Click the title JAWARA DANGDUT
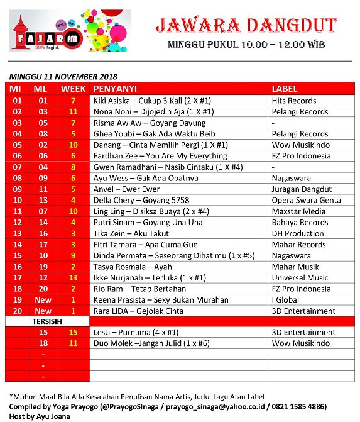click(x=246, y=26)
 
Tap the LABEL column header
click(x=284, y=89)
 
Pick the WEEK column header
click(x=74, y=89)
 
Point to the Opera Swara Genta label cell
click(x=306, y=201)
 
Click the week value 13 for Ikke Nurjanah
click(x=74, y=278)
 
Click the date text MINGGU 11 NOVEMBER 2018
click(x=64, y=76)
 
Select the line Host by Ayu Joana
click(x=38, y=416)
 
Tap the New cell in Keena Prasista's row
click(x=43, y=300)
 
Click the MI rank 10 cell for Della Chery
click(x=18, y=201)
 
